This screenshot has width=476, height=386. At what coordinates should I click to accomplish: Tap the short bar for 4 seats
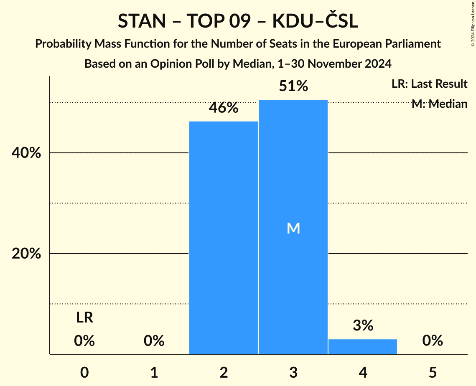[x=363, y=347]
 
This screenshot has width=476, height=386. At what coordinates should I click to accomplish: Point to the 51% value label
[x=293, y=86]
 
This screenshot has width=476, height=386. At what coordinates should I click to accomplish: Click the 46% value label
[x=224, y=108]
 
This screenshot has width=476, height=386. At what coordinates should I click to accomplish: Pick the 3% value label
[x=363, y=326]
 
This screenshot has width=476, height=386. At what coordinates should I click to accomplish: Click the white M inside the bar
[x=293, y=229]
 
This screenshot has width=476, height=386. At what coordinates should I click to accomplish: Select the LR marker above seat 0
[x=84, y=318]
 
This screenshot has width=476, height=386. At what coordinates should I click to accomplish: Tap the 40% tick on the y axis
[x=26, y=153]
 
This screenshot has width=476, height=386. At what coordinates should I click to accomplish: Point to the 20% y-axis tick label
[x=26, y=254]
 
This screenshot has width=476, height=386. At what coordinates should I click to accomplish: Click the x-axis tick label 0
[x=84, y=373]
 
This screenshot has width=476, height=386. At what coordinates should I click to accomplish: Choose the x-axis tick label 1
[x=154, y=373]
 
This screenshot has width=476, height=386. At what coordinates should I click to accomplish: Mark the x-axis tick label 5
[x=433, y=373]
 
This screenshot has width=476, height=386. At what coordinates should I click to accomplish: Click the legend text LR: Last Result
[x=429, y=84]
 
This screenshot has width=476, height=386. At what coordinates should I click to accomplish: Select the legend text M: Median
[x=439, y=104]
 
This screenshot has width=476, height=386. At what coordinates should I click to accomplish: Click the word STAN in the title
[x=142, y=21]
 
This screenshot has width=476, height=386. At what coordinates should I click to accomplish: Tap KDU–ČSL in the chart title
[x=316, y=21]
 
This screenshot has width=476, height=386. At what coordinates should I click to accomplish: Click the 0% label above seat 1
[x=154, y=341]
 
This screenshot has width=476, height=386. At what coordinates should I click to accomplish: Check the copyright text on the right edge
[x=473, y=23]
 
